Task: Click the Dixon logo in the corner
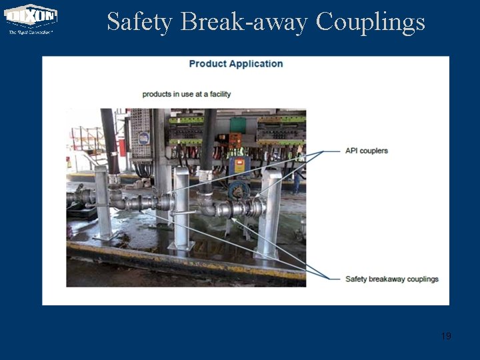pyautogui.click(x=31, y=16)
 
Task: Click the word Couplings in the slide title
pyautogui.click(x=370, y=22)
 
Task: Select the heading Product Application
pyautogui.click(x=236, y=64)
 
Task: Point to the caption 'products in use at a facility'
pyautogui.click(x=187, y=94)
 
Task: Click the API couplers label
pyautogui.click(x=366, y=151)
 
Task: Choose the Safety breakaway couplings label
pyautogui.click(x=392, y=279)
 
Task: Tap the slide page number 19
pyautogui.click(x=446, y=335)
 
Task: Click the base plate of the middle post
pyautogui.click(x=181, y=246)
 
